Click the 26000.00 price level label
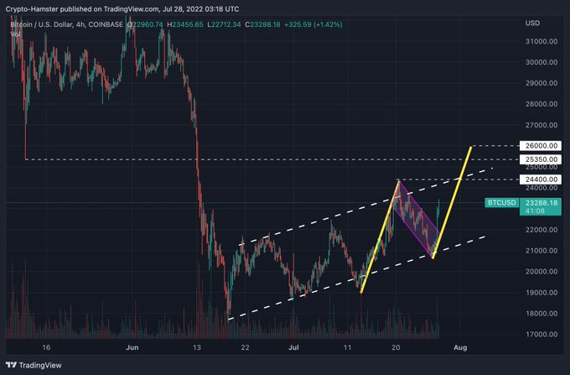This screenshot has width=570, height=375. (539, 146)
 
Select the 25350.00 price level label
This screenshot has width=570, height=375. (539, 159)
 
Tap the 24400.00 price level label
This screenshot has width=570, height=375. (539, 179)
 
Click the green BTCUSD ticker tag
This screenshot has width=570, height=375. (501, 203)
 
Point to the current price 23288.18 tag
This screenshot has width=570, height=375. (539, 202)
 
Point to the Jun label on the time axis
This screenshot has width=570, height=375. (131, 346)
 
